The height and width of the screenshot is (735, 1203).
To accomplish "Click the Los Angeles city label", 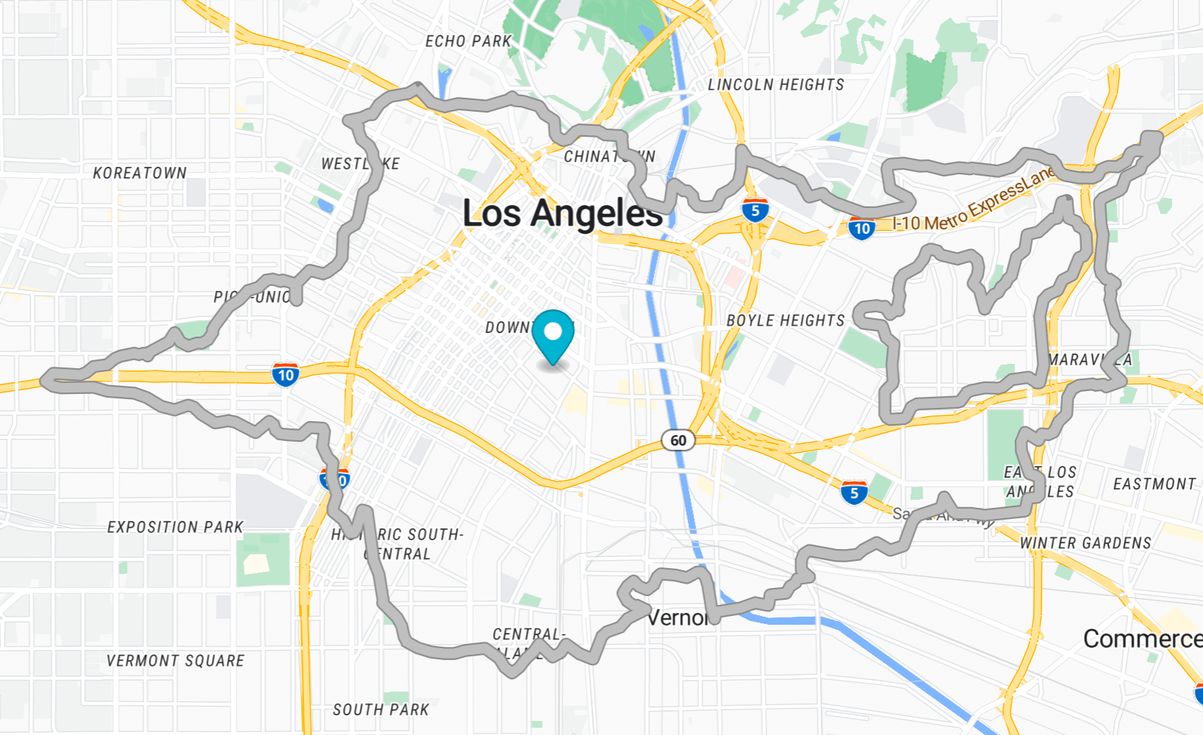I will click(563, 213).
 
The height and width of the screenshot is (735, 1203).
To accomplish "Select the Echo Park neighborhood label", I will click(468, 41).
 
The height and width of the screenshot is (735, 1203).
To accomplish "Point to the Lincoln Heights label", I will click(776, 85).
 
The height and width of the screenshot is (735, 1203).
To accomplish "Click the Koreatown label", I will click(140, 173).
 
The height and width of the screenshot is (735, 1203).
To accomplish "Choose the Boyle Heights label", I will click(785, 320).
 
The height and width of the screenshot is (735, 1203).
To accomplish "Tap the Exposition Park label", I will click(175, 527).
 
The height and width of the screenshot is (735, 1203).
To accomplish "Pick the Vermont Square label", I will click(175, 661).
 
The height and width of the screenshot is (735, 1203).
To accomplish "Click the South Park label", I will click(380, 709).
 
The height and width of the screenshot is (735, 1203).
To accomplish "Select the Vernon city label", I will click(678, 617).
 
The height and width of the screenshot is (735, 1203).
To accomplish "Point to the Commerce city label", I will click(1142, 639).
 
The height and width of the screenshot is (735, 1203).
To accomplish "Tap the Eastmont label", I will click(1154, 484).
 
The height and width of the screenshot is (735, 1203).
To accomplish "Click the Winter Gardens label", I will click(1085, 543).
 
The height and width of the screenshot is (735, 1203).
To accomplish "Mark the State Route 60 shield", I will click(678, 440).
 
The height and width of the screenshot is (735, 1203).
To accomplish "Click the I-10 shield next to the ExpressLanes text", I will click(861, 228).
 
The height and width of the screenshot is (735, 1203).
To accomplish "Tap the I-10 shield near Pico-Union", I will click(285, 375).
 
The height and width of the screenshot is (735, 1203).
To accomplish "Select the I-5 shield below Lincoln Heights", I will click(755, 211).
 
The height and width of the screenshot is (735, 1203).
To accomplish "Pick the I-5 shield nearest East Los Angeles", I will click(853, 492).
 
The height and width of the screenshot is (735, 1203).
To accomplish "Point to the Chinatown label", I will click(609, 157).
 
